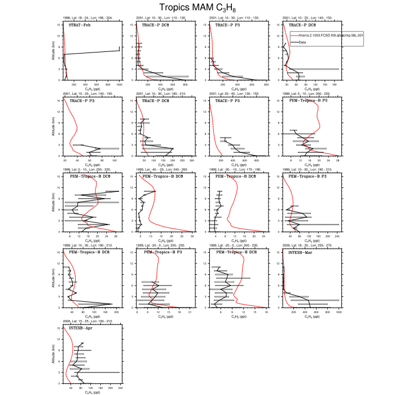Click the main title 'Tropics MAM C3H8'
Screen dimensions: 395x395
pos(197,7)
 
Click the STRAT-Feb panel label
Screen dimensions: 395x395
pos(80,25)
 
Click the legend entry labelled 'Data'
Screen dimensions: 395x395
pos(302,42)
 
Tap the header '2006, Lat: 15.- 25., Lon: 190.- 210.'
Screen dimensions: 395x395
pos(87,320)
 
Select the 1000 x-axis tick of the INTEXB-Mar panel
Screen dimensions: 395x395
pos(339,311)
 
